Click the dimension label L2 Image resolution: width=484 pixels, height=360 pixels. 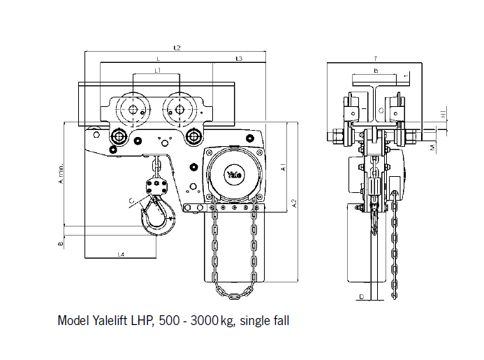point(177,48)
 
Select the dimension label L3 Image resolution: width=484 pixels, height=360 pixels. point(239,59)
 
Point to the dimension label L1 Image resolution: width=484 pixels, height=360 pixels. point(158,71)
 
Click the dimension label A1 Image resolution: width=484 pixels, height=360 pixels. point(282,167)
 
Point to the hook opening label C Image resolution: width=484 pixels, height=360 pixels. point(132,201)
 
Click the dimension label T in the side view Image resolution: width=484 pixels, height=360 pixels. point(376,59)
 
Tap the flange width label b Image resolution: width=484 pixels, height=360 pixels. point(376,71)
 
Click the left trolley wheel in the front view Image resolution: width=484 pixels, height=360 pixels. point(131,110)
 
